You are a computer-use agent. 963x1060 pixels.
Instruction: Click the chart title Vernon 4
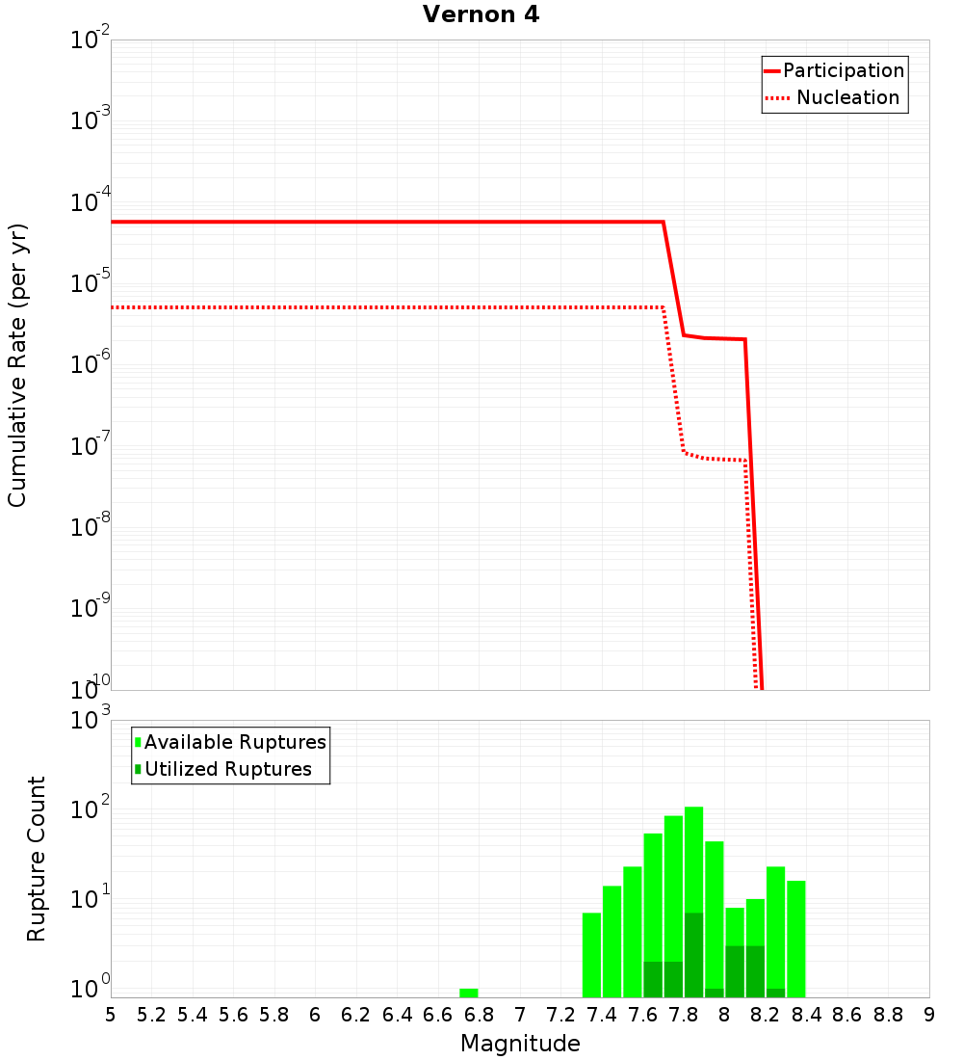(x=481, y=14)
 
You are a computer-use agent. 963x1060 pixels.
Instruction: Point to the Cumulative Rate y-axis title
(x=17, y=364)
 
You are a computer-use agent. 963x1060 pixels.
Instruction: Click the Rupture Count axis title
(x=37, y=859)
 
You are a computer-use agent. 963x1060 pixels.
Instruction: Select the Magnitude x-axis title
(x=520, y=1044)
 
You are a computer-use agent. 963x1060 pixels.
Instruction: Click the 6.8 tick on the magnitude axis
(x=479, y=1015)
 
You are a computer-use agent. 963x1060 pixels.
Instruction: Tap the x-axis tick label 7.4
(x=602, y=1015)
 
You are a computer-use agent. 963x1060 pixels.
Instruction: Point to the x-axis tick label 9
(x=928, y=1015)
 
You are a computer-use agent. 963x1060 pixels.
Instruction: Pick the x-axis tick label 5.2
(x=151, y=1015)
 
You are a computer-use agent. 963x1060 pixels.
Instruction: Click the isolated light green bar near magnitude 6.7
(x=468, y=993)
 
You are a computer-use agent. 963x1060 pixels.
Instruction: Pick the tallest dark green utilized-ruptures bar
(x=693, y=954)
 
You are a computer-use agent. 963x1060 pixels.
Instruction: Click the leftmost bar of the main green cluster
(x=591, y=954)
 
